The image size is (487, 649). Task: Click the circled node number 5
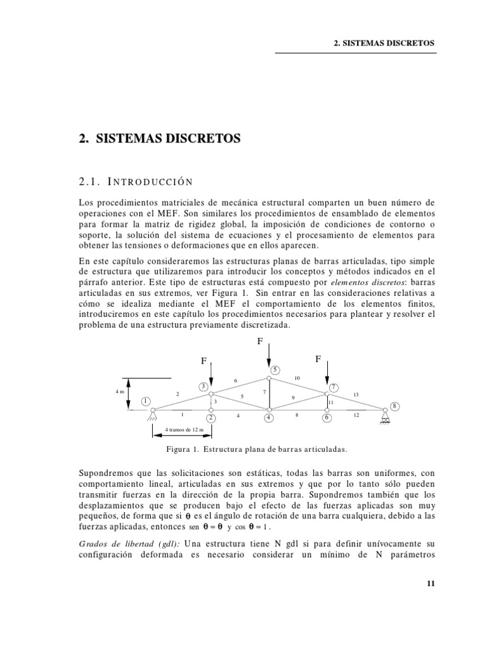[275, 369]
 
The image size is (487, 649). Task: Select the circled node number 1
[145, 401]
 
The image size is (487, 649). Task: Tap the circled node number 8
[394, 406]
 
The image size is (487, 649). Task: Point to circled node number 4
[269, 418]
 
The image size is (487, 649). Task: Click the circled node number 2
[211, 418]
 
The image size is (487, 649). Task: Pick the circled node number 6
[327, 418]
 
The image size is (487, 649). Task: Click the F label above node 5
[259, 341]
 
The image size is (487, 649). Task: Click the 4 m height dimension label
[119, 392]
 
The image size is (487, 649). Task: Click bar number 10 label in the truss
[297, 378]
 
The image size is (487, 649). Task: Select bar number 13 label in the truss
[356, 394]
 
